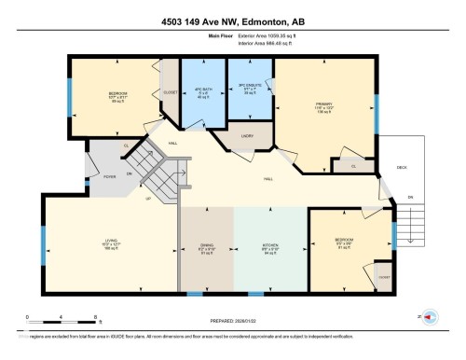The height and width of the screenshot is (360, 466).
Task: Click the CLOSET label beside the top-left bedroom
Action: pos(171,93)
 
